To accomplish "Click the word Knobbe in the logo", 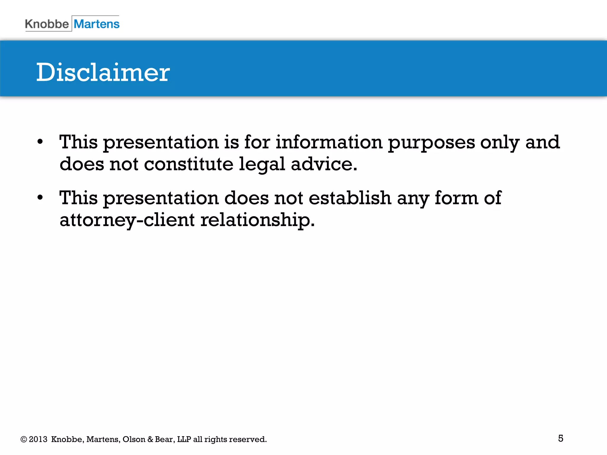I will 47,24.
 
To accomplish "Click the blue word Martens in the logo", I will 97,24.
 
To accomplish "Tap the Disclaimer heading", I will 103,72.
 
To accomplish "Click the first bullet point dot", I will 40,142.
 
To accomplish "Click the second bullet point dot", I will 40,198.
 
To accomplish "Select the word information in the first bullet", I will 329,142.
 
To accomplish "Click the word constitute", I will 189,164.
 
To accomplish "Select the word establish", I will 350,198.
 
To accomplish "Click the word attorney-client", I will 127,220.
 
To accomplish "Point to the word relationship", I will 257,220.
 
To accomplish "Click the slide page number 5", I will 560,438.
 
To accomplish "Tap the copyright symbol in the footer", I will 24,439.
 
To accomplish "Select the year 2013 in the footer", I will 38,439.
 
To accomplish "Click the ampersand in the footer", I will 150,439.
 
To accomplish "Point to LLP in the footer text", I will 184,439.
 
